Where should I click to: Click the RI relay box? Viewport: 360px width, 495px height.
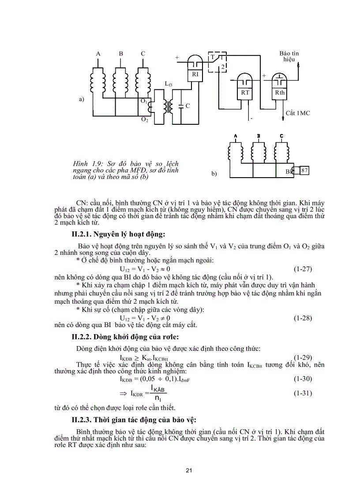tap(195, 74)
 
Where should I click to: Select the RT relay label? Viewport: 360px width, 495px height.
tap(245, 93)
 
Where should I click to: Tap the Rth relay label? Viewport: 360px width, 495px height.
tap(280, 93)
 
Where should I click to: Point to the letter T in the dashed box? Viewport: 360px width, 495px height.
tap(212, 58)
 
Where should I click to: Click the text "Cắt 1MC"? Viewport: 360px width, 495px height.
tap(298, 113)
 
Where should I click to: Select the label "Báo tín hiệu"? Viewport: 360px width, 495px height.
tap(289, 56)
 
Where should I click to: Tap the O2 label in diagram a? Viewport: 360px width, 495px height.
tap(144, 119)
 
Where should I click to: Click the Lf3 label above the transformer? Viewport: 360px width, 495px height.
tap(169, 83)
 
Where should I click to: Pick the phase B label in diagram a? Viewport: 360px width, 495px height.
tap(121, 54)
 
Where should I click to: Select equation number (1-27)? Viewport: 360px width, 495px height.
tap(303, 268)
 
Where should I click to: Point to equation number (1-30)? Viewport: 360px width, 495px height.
tap(303, 378)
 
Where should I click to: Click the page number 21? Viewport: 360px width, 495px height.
tap(189, 471)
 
